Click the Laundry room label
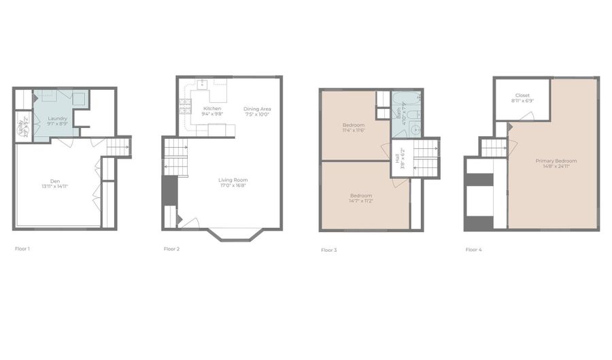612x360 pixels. tap(57, 118)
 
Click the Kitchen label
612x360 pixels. tap(212, 109)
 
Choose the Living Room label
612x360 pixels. tap(232, 180)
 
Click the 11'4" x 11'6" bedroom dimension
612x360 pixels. tap(353, 131)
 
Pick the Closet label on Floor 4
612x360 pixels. tap(522, 95)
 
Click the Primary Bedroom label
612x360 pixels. tap(556, 161)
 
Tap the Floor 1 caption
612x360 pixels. tap(22, 249)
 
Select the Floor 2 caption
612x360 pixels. tap(171, 249)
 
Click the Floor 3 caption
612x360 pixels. tap(328, 250)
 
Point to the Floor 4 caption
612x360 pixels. tap(473, 250)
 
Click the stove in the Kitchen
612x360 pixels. tap(184, 105)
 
